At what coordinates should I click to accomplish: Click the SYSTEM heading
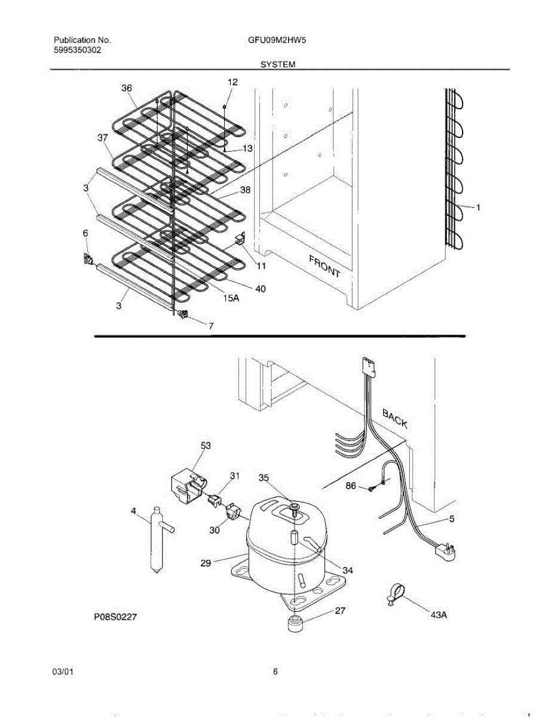click(x=278, y=64)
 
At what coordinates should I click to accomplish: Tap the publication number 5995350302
click(x=77, y=51)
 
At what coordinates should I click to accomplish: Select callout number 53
click(x=206, y=446)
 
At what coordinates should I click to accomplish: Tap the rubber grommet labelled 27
click(x=295, y=624)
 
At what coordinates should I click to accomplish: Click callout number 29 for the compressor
click(x=206, y=562)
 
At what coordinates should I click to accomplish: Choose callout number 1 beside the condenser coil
click(x=478, y=207)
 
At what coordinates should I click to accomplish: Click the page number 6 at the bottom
click(x=276, y=672)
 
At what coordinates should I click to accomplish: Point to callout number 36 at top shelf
click(x=127, y=88)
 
